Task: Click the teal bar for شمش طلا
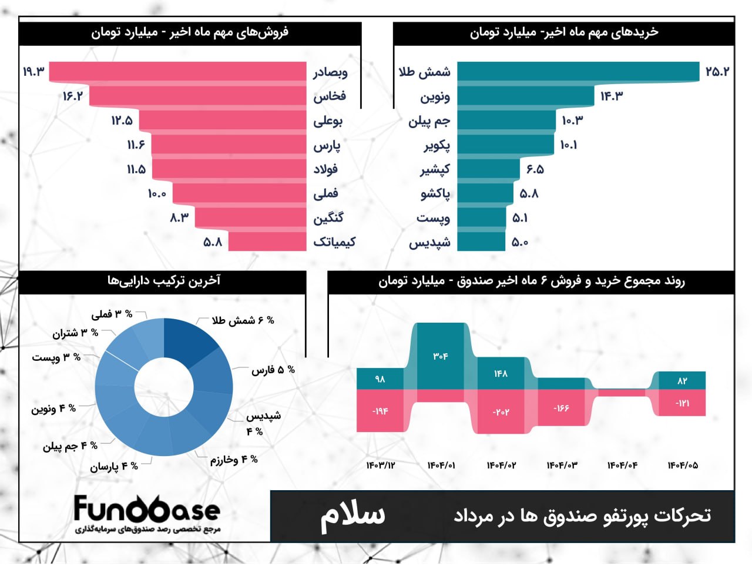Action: coord(578,71)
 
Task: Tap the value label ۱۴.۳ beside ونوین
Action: coord(612,96)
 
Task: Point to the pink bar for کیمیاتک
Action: coord(267,242)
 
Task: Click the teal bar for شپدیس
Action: coord(481,242)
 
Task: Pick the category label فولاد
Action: coord(325,169)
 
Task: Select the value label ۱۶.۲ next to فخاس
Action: coord(73,96)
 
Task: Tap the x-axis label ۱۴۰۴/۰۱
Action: coord(441,465)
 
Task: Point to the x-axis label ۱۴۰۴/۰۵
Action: coord(683,465)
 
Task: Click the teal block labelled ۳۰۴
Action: coord(441,356)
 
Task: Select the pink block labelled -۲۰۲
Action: coord(501,411)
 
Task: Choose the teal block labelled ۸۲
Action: coord(681,380)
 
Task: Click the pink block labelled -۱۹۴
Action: coord(380,410)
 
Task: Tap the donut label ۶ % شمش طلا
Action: coord(243,320)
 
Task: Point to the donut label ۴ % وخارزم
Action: coord(234,460)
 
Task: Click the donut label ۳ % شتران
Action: coord(75,333)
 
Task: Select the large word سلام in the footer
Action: coord(352,515)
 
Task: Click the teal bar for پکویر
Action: coord(505,145)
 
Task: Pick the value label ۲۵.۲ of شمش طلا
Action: coord(717,72)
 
